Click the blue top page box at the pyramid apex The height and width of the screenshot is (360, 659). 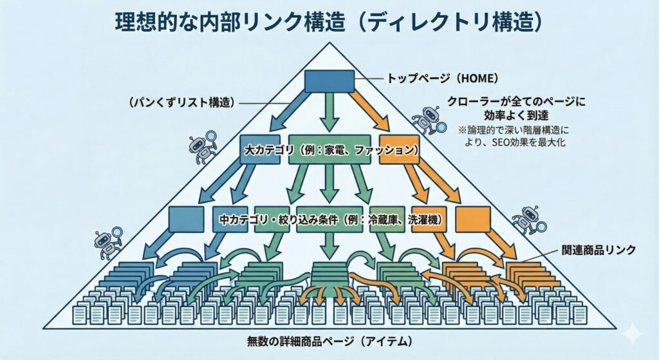329,81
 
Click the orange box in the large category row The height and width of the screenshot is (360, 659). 399,149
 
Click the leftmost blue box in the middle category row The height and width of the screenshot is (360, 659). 187,219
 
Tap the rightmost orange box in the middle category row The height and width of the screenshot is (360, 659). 473,219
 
